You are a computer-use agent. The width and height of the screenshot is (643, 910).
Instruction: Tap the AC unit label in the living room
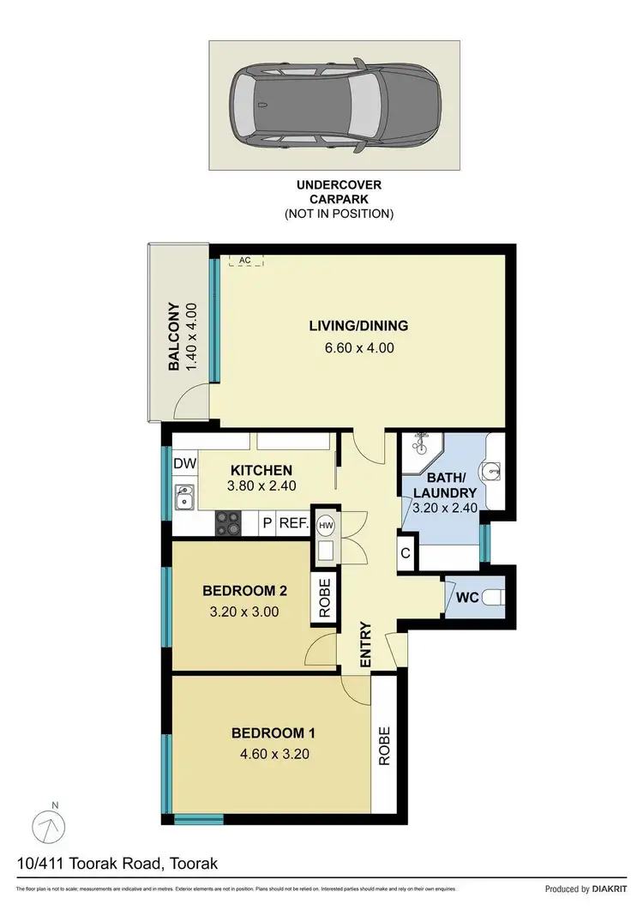pos(245,260)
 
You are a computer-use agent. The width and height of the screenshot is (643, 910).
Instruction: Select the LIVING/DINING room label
pos(358,326)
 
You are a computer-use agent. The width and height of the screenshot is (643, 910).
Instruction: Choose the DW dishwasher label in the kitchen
pos(185,464)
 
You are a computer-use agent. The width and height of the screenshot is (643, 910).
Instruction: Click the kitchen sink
pos(184,497)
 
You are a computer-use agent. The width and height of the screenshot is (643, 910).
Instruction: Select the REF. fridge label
pos(292,523)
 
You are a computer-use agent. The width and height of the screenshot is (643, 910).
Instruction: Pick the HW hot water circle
pos(327,524)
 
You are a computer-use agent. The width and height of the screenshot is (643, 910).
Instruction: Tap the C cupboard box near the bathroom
pos(405,552)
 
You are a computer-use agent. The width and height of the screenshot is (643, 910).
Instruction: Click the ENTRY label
pos(364,644)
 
